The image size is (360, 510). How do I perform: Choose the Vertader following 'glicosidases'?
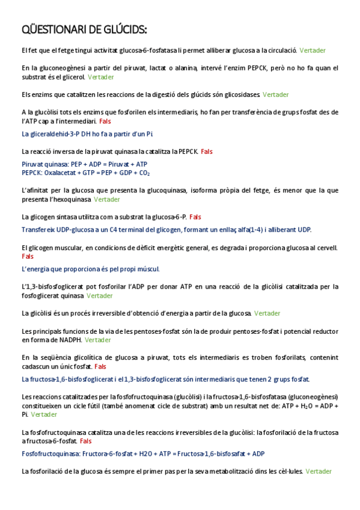pyautogui.click(x=275, y=94)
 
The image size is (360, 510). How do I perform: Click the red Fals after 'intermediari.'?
pyautogui.click(x=105, y=121)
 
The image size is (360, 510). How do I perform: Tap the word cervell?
pyautogui.click(x=325, y=248)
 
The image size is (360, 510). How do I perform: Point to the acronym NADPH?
pyautogui.click(x=67, y=340)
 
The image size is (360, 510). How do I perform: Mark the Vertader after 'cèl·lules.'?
pyautogui.click(x=319, y=472)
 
